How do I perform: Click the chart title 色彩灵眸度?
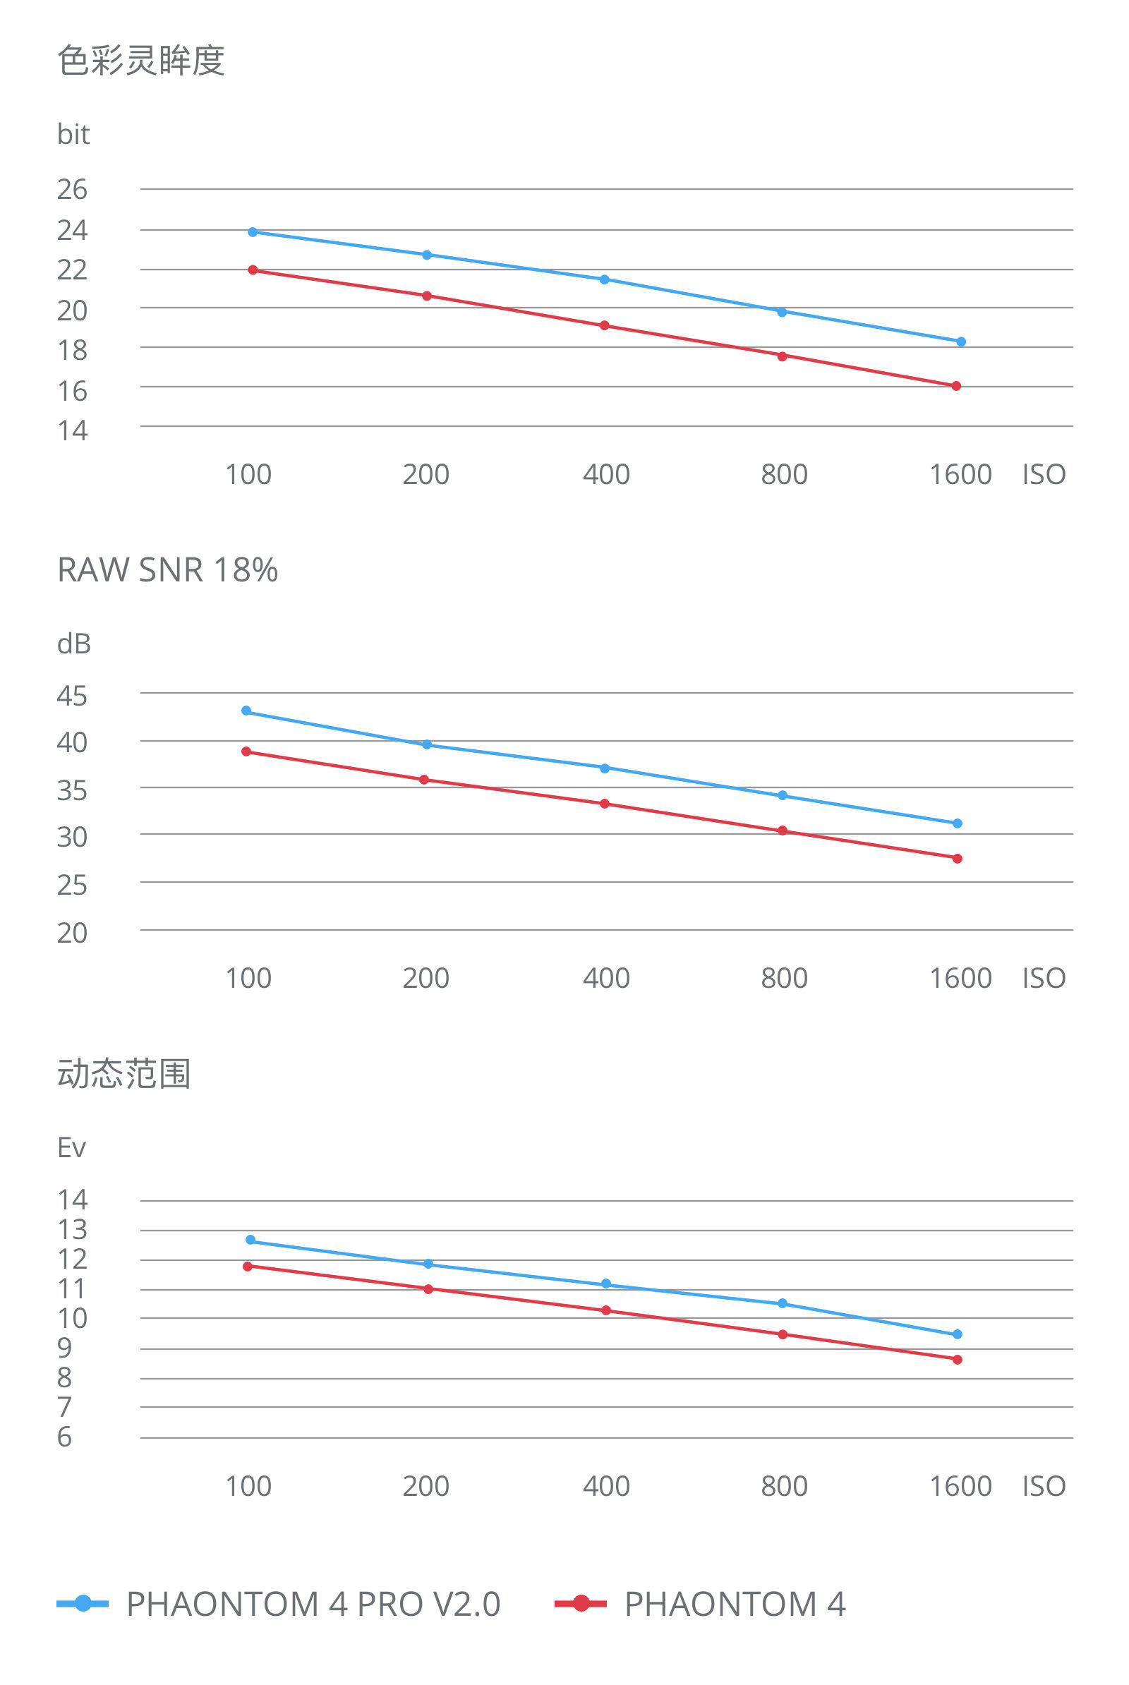tap(141, 60)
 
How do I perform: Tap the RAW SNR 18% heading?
tap(167, 569)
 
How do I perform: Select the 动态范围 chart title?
tap(124, 1074)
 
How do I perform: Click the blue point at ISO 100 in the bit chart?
tap(253, 232)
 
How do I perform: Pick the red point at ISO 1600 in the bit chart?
tap(956, 386)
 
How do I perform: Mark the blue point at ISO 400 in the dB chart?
tap(605, 768)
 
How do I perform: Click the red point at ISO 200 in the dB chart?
tap(424, 780)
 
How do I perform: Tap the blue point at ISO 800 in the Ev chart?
tap(783, 1303)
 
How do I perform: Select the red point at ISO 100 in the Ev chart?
tap(248, 1266)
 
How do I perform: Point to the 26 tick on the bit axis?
tap(72, 189)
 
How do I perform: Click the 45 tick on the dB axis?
tap(72, 696)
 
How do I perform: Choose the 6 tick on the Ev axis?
tap(65, 1437)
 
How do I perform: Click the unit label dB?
tap(73, 644)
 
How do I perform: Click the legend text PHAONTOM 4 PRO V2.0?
tap(313, 1604)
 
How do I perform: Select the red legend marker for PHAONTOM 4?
tap(581, 1603)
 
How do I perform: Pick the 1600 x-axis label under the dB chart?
tap(960, 978)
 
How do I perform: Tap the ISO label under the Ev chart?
tap(1044, 1485)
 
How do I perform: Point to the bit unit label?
tap(73, 134)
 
